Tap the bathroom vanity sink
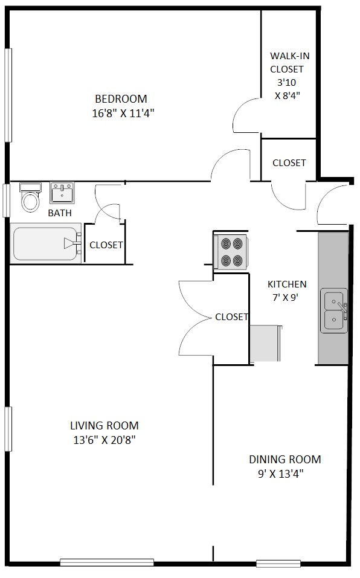coord(62,193)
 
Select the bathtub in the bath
coord(46,243)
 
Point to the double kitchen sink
coord(334,310)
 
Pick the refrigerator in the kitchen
coord(265,344)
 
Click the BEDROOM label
coord(121,99)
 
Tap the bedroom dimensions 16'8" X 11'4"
coord(123,113)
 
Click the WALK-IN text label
coord(289,56)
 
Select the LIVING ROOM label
coord(104,426)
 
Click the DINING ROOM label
coord(285,459)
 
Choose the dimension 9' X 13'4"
coord(281,474)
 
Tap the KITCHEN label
coord(287,284)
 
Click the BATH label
coord(60,213)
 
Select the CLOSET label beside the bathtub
coord(106,245)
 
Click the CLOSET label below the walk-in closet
coord(289,162)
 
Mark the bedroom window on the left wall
coord(8,95)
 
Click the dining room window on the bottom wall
coord(278,564)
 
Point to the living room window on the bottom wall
coord(107,562)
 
